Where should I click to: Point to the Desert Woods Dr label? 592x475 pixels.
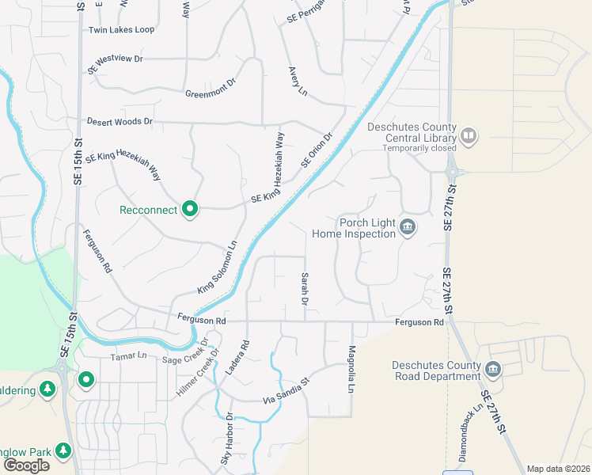(120, 121)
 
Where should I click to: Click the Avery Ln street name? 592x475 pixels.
(298, 82)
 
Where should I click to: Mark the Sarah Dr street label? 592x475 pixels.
(304, 290)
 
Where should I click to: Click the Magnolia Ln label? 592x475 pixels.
(349, 369)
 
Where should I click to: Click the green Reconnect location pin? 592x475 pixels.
(189, 209)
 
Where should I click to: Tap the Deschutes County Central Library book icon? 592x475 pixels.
(469, 137)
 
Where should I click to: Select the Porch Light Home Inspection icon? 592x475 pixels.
(408, 227)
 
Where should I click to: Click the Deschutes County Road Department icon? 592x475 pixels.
(493, 370)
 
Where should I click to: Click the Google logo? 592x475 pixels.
(26, 465)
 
